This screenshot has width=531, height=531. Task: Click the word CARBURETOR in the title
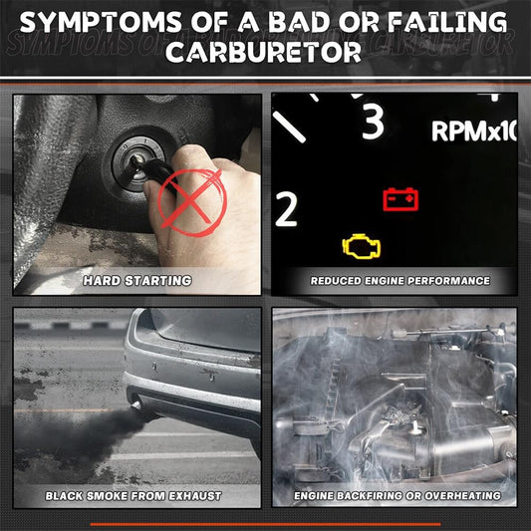(x=263, y=53)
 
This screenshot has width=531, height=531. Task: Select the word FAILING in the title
(x=447, y=22)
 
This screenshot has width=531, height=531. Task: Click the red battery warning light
(x=400, y=199)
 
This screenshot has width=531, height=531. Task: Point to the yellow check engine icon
(x=362, y=246)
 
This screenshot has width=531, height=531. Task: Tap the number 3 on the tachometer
(x=373, y=121)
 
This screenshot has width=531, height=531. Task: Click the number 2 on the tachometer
(x=286, y=209)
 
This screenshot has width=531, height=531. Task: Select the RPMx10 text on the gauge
(x=474, y=131)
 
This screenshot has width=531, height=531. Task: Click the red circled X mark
(x=192, y=203)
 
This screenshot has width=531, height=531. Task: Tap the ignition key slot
(x=138, y=161)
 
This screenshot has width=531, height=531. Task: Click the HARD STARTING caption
(x=137, y=281)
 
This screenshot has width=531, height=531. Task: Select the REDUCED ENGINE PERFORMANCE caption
(x=400, y=281)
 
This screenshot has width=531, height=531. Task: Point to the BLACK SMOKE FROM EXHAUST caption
(x=133, y=496)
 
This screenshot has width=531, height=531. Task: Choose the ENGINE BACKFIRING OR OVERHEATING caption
(x=398, y=496)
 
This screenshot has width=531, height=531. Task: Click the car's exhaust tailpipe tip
(x=136, y=405)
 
